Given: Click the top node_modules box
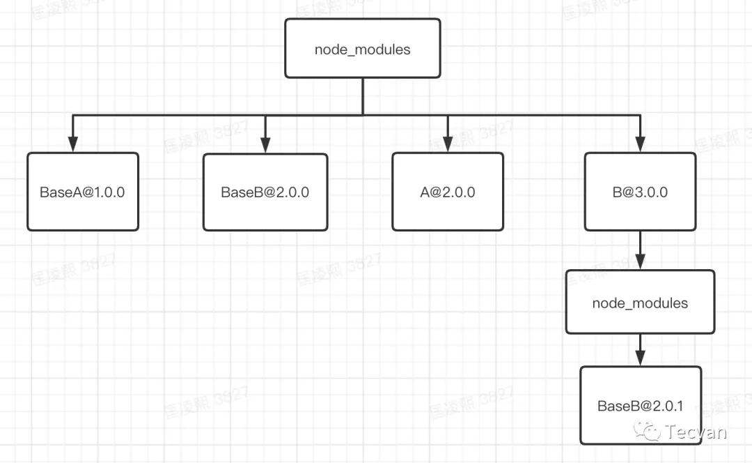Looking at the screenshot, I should point(363,48).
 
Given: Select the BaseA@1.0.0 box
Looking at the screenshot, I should point(83,192).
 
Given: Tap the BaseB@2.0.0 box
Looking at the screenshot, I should point(265,192).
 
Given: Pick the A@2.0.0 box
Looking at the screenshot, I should point(448,192).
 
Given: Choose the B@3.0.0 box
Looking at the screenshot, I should point(640,192).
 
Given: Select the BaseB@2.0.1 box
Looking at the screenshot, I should point(640,405).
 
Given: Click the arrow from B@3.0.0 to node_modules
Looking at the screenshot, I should point(640,250).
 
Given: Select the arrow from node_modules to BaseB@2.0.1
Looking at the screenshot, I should point(640,349).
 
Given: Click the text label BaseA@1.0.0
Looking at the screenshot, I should point(82,192).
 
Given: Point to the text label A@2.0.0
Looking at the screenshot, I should point(448,192).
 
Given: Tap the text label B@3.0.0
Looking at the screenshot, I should point(640,192).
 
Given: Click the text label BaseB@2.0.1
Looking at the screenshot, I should point(640,406).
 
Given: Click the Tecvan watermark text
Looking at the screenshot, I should point(696,432).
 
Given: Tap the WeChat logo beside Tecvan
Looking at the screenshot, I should point(652,432).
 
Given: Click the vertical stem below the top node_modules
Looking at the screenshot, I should point(363,96).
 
